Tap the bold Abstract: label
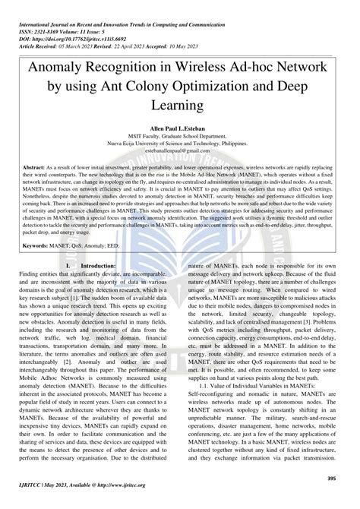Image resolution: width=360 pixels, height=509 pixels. pos(36,188)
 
